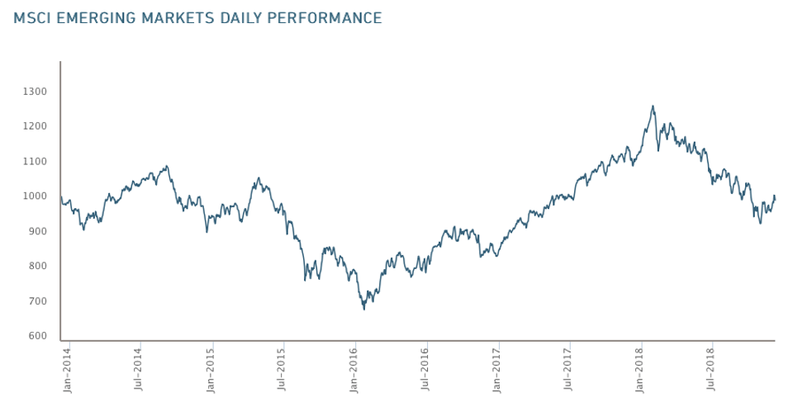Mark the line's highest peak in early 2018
click(653, 106)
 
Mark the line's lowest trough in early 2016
click(364, 309)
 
